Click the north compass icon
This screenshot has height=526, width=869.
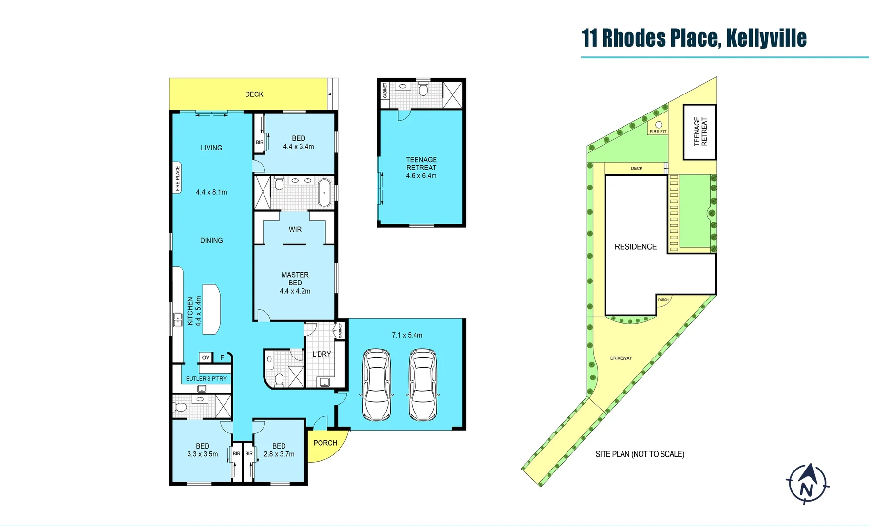(807, 483)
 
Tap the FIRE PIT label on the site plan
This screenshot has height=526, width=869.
(658, 131)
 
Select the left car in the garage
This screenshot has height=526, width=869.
(377, 384)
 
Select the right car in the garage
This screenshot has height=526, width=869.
(422, 384)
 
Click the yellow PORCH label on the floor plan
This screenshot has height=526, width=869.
(325, 443)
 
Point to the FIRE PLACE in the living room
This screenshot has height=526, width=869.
(177, 178)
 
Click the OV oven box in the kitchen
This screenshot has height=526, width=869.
(206, 357)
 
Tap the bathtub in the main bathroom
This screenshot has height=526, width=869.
(324, 192)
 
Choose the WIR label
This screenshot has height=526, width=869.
(295, 229)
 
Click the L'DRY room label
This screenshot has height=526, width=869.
(321, 354)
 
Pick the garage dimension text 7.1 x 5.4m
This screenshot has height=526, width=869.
(407, 335)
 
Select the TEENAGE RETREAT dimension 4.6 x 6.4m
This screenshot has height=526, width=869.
(421, 176)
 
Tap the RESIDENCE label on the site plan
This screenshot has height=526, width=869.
(635, 247)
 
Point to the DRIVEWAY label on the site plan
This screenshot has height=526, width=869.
(621, 358)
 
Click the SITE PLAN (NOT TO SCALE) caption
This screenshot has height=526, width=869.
(640, 454)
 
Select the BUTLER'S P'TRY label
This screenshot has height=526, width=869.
(206, 378)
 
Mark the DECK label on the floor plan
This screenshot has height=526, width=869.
(254, 94)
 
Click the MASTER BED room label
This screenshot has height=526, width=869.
(295, 279)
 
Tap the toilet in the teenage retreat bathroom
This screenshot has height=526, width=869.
(423, 90)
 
